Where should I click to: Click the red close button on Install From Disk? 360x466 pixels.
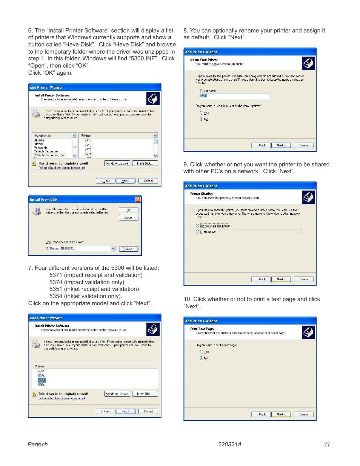pos(138,199)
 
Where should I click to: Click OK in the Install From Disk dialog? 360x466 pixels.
pos(128,210)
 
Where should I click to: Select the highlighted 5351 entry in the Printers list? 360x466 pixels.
pos(42,380)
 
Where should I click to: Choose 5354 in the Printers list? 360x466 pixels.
pos(42,385)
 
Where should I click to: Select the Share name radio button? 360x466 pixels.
pos(197,232)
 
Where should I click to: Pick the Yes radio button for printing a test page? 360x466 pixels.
pos(202,352)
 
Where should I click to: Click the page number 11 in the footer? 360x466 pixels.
pos(327,444)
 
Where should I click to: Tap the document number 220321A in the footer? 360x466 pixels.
pos(229,444)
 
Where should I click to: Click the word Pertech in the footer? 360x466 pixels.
pos(38,444)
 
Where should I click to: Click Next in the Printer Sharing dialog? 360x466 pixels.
pos(281,279)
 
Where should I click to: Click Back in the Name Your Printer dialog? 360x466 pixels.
pos(261,145)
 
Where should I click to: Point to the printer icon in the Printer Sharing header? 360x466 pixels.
pos(308,197)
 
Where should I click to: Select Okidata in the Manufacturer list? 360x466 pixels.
pos(39,140)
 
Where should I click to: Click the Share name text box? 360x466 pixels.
pos(260,232)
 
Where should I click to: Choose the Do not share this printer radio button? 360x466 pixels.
pos(197,226)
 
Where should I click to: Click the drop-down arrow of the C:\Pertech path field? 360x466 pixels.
pos(113,249)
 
